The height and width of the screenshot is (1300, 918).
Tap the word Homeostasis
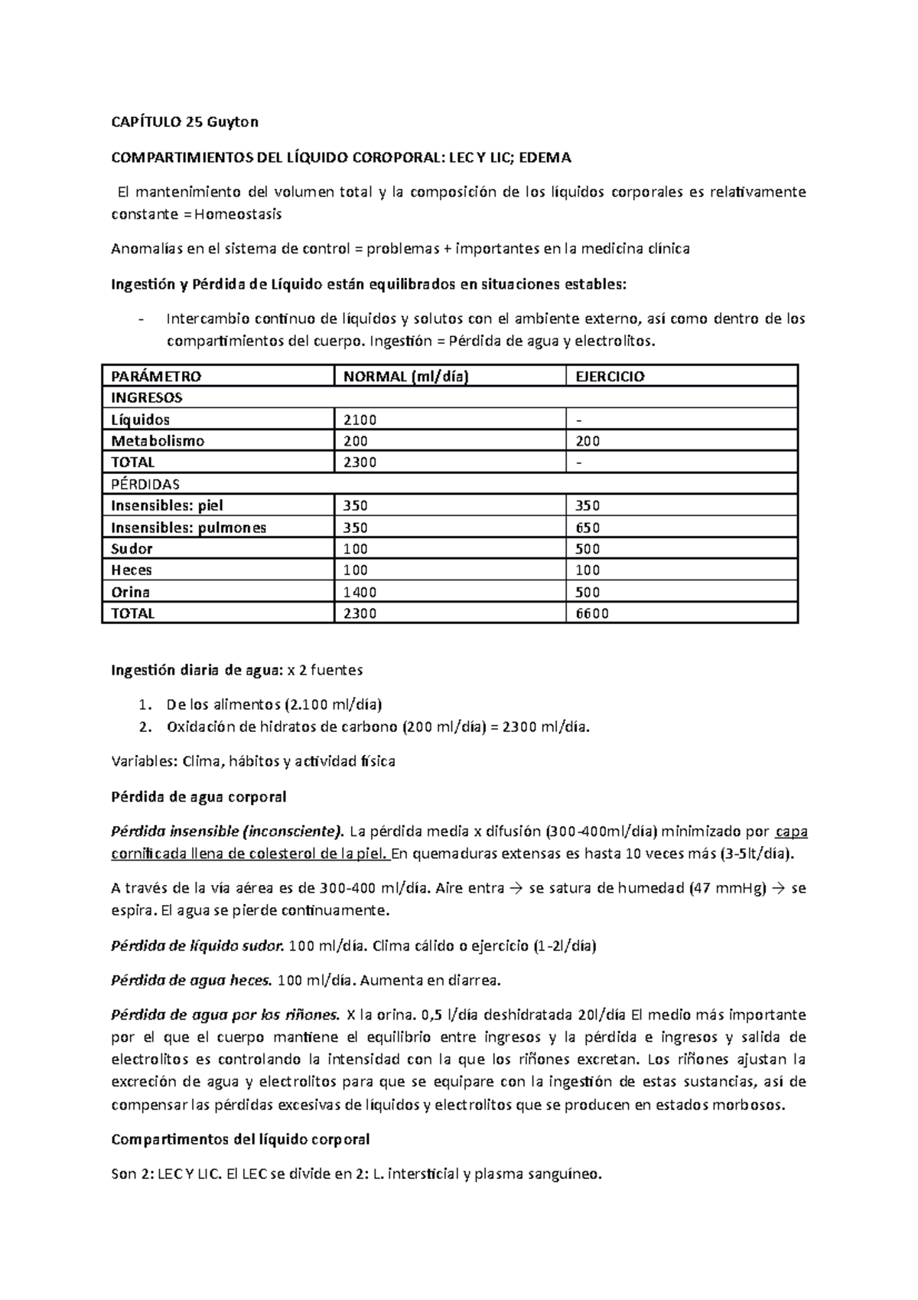point(238,214)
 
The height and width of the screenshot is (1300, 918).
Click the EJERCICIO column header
point(610,376)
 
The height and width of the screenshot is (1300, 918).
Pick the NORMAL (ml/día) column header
point(405,376)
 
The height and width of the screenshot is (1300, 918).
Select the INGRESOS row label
point(147,397)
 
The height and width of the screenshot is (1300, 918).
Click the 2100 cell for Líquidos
point(360,420)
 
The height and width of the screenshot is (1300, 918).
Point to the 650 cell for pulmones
point(588,528)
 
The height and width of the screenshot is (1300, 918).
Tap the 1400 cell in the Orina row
point(360,592)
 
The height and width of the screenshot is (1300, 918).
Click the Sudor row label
point(132,549)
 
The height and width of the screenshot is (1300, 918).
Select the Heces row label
point(132,570)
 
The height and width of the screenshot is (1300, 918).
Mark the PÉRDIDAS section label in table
point(145,484)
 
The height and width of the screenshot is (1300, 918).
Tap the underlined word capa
point(791,832)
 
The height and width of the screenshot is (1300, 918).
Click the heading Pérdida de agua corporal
point(198,797)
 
